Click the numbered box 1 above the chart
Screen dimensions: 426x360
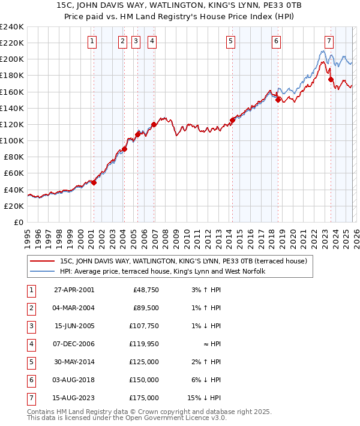[92, 41]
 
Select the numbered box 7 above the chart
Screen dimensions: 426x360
[329, 41]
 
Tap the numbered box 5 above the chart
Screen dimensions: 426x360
[231, 41]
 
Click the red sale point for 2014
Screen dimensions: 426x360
[232, 120]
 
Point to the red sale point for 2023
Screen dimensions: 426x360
[331, 79]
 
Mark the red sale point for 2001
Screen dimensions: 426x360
[94, 182]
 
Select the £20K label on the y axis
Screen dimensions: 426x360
[14, 206]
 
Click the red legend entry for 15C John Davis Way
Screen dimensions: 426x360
[184, 261]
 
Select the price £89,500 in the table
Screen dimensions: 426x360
[146, 308]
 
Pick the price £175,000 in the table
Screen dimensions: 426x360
[143, 398]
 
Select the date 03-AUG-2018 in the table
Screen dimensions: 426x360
[74, 380]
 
